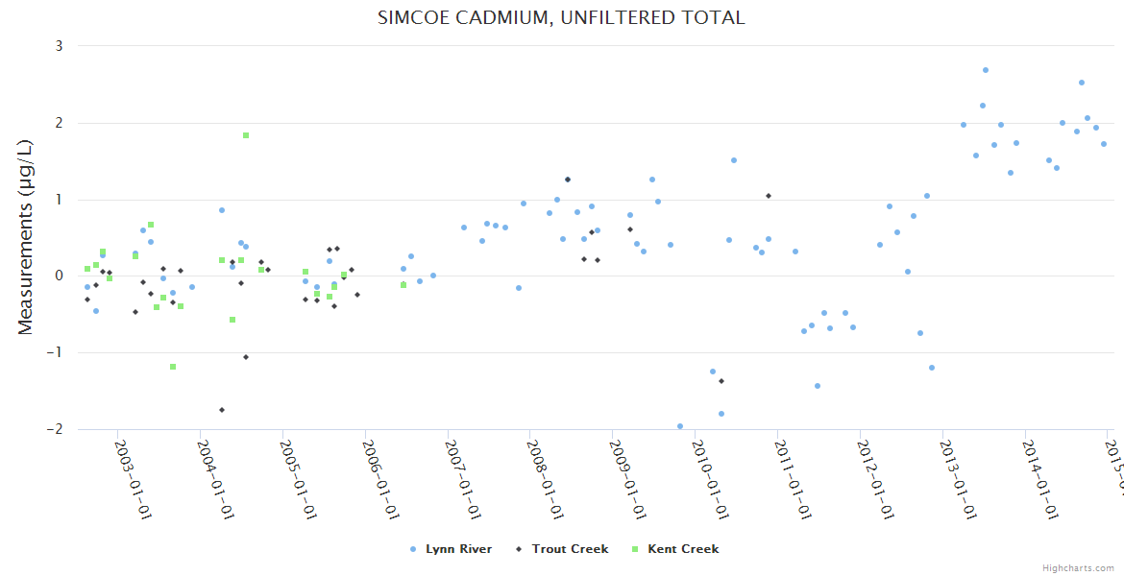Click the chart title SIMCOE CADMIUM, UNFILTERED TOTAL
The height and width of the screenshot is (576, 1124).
point(561,17)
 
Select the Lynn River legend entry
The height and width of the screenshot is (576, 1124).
point(452,549)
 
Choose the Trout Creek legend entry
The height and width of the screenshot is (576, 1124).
point(566,549)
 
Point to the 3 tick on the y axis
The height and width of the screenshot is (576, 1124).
point(59,46)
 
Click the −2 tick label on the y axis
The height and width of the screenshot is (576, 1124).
point(55,429)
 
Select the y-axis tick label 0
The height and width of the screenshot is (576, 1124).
point(59,276)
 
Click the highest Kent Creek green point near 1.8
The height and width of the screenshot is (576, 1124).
point(246,135)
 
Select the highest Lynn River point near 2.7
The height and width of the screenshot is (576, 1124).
point(986,70)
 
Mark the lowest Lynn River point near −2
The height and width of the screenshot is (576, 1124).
point(680,426)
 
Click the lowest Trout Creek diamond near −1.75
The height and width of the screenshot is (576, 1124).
point(222,410)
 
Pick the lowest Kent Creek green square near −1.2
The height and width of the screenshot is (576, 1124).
point(173,367)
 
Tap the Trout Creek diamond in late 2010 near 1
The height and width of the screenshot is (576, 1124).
point(769,196)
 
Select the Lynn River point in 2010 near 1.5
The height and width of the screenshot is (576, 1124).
point(734,160)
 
